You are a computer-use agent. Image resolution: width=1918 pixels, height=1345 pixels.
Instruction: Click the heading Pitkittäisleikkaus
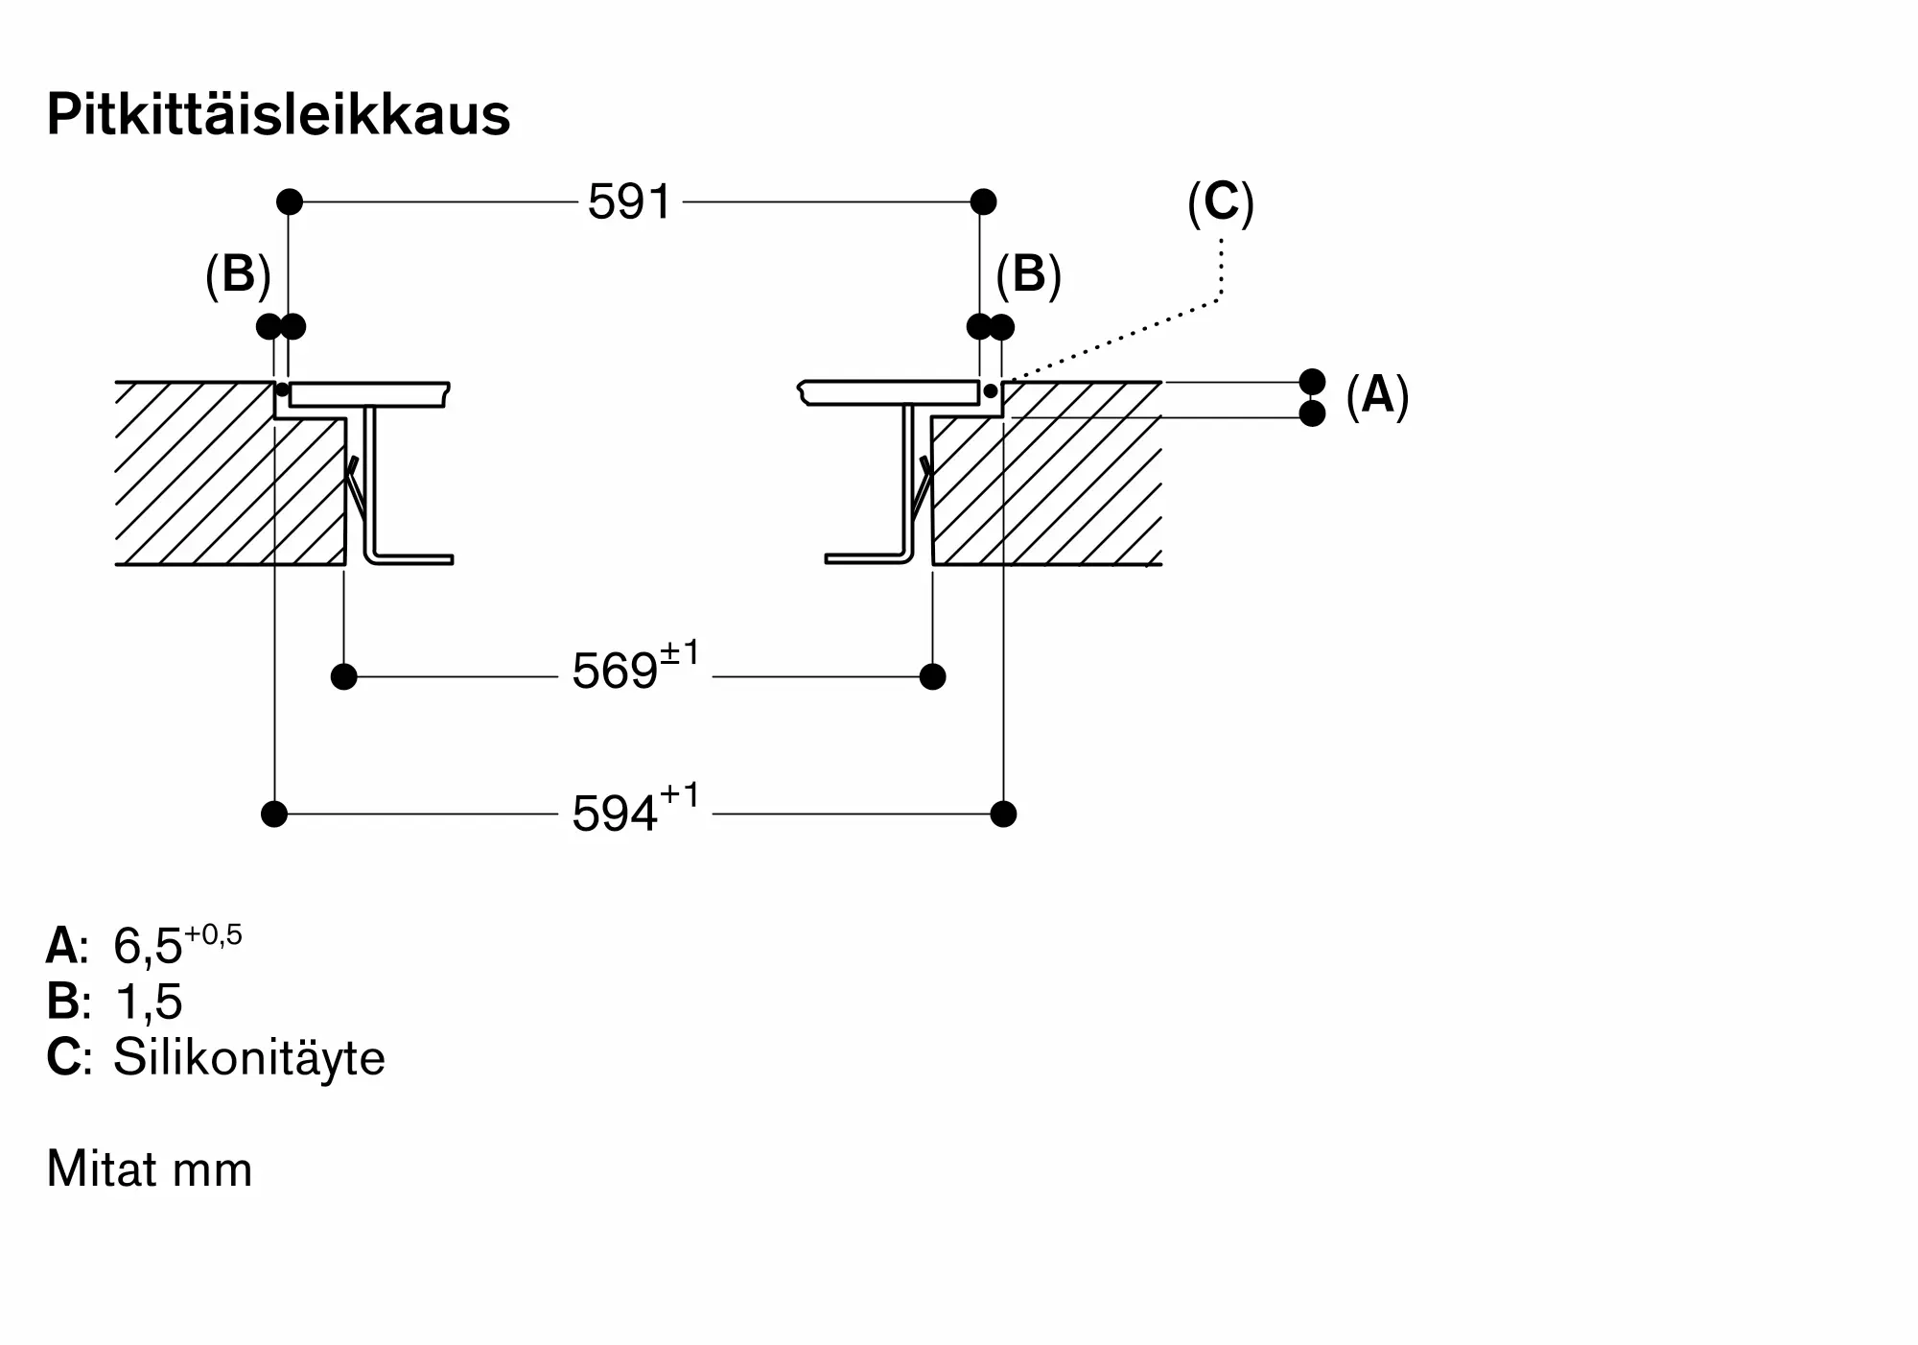tap(278, 116)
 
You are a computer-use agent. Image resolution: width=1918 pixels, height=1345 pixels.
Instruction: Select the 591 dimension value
tap(629, 202)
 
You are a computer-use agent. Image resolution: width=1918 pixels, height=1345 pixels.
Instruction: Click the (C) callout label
tap(1220, 203)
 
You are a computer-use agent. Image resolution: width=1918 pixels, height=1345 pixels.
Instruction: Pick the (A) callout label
tap(1377, 395)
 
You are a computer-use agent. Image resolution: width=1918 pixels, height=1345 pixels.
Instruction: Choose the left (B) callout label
tap(238, 275)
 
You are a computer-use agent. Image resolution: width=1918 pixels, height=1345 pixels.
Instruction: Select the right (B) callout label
tap(1028, 275)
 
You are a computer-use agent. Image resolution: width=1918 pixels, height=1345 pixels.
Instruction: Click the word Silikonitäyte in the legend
tap(249, 1058)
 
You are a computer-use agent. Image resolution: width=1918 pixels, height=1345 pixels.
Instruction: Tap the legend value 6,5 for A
tap(148, 947)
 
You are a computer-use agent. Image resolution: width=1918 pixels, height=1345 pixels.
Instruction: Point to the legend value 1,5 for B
tap(148, 1003)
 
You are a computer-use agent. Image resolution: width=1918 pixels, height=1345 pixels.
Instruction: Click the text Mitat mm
tap(150, 1169)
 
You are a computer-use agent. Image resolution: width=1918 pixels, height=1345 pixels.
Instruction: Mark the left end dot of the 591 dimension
tap(290, 202)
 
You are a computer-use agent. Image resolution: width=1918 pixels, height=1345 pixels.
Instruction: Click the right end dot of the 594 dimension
tap(1003, 814)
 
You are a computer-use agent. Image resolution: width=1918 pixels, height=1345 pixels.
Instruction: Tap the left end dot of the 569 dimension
tap(343, 677)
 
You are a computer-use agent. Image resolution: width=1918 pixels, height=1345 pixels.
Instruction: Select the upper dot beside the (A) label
tap(1312, 382)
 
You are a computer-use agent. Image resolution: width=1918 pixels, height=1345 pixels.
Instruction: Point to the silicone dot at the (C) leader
tap(990, 391)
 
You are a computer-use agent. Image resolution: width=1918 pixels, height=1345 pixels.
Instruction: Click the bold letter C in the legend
tap(63, 1058)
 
